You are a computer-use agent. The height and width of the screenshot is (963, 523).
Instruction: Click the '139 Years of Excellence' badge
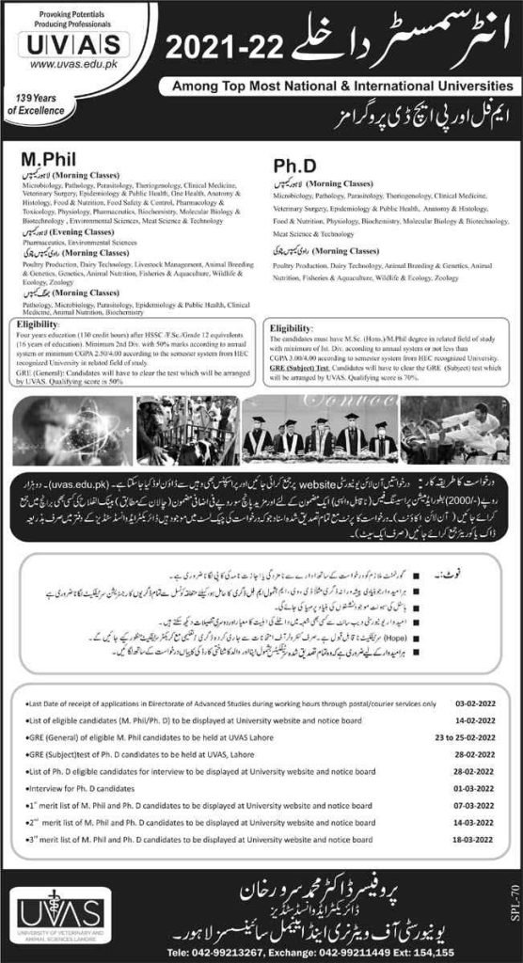(x=31, y=104)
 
